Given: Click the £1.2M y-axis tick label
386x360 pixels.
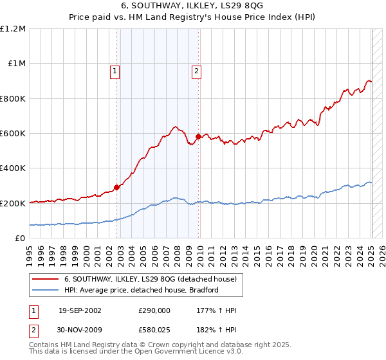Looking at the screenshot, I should coord(12,29).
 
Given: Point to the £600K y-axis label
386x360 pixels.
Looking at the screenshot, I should coord(12,134).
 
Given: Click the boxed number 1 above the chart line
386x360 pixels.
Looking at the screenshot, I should coord(115,71).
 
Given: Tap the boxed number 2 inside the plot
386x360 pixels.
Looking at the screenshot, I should coord(196,71).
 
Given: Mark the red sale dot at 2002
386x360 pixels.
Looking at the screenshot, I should coord(117,188).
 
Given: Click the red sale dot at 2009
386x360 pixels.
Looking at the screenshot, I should coord(198,136).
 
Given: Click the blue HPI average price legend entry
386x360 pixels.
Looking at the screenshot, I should coord(141,290).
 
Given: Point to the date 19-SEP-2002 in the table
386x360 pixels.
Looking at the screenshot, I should coord(80,310).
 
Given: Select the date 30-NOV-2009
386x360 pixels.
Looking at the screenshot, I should coord(80,330).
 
